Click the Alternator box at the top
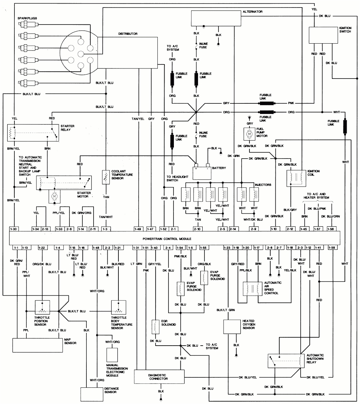pyautogui.click(x=215, y=18)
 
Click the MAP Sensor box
pyautogui.click(x=37, y=345)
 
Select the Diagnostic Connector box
pyautogui.click(x=157, y=376)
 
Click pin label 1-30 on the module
pyautogui.click(x=14, y=229)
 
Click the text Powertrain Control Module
pyautogui.click(x=167, y=239)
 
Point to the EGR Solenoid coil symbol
pyautogui.click(x=155, y=326)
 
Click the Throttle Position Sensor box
pyautogui.click(x=42, y=307)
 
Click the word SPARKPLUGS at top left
pyautogui.click(x=27, y=18)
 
